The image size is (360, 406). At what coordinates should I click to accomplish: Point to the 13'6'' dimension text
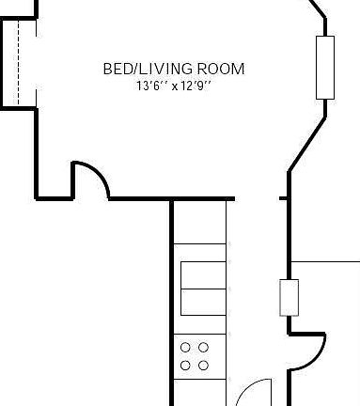coord(150,86)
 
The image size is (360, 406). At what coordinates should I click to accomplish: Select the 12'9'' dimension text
coord(196,86)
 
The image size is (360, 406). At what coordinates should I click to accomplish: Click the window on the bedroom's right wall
coord(325,68)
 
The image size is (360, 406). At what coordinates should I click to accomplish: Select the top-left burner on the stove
coord(186,348)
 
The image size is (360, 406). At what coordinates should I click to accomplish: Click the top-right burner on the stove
coord(204,348)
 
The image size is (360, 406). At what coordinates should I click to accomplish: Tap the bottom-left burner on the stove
coord(186,365)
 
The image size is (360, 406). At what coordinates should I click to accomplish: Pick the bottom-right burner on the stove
coord(204,365)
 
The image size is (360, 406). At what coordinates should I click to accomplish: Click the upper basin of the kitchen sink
coord(202,274)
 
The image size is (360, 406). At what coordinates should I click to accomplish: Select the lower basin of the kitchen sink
coord(202,303)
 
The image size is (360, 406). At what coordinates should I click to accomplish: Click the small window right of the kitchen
coord(289,297)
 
